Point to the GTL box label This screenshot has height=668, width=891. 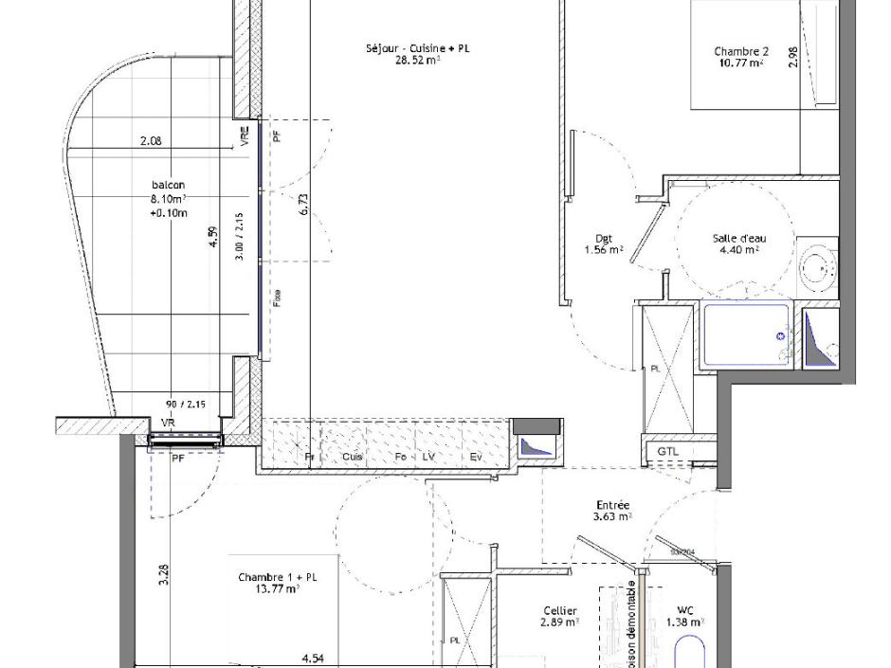(x=668, y=452)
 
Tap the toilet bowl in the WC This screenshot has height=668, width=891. (x=689, y=654)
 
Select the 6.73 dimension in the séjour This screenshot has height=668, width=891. (x=303, y=206)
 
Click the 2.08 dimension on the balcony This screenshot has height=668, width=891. (x=151, y=141)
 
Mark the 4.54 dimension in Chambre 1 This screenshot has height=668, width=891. (x=313, y=657)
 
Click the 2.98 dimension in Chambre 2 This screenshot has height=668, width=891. (x=792, y=57)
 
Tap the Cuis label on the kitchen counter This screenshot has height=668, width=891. (x=353, y=457)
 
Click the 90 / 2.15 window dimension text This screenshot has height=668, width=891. (x=186, y=405)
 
